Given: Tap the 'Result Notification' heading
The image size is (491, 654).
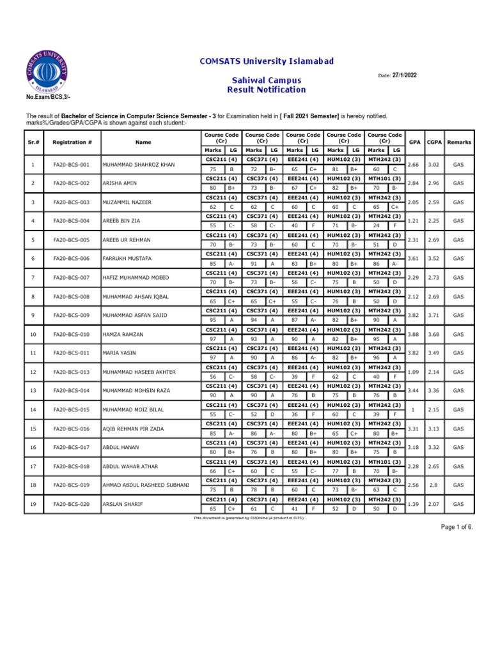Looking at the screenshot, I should (267, 90).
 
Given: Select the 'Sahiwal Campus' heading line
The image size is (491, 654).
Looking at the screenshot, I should (267, 81).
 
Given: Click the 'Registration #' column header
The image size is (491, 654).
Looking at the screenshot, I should (72, 142).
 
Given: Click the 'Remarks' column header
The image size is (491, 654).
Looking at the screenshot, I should (458, 142).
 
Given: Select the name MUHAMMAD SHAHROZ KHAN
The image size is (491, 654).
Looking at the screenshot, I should (139, 165).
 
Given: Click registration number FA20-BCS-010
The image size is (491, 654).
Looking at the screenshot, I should (72, 335).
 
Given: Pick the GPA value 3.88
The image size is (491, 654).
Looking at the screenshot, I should (414, 335).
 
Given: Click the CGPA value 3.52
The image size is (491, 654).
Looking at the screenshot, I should (435, 259).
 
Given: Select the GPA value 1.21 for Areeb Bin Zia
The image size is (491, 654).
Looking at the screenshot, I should (414, 221).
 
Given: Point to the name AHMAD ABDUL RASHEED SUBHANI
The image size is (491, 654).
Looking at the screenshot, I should (146, 485).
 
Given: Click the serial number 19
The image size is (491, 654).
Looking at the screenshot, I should (32, 505).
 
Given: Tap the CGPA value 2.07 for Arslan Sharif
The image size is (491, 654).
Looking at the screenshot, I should (435, 505).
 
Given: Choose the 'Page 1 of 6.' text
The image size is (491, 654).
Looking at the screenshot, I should (456, 526).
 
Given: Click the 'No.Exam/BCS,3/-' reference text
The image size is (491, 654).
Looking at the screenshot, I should (48, 96).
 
